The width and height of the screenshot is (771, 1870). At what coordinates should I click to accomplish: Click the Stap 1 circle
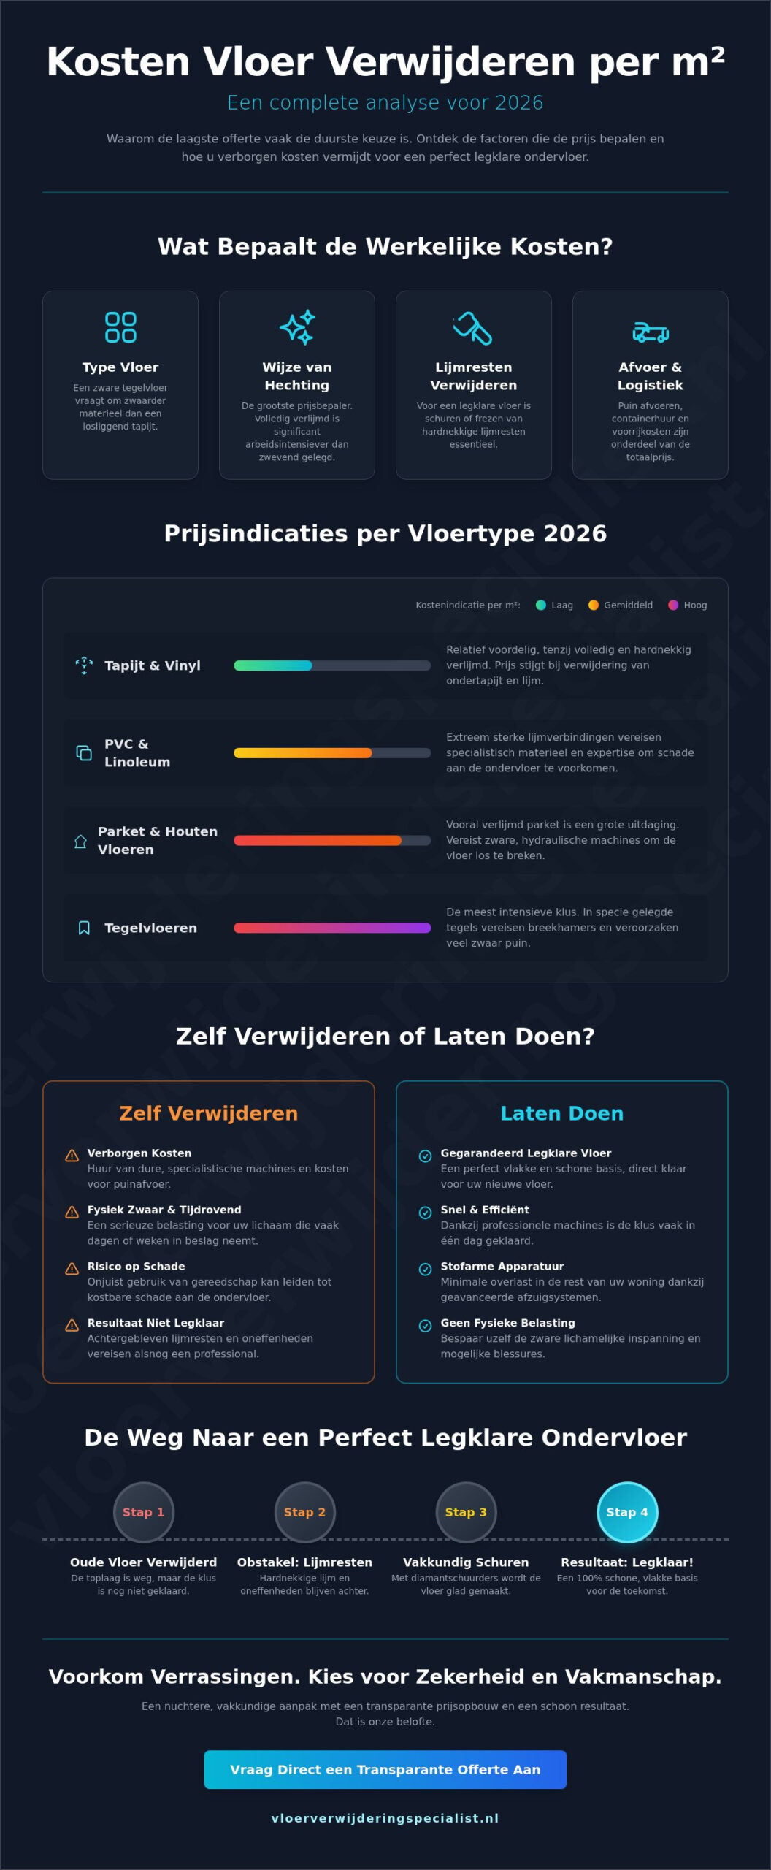click(143, 1512)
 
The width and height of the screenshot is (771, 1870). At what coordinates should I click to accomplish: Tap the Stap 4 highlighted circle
click(627, 1512)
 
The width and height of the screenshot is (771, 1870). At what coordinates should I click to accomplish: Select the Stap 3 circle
click(466, 1512)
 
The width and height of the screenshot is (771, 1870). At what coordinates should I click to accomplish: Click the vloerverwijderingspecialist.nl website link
click(385, 1818)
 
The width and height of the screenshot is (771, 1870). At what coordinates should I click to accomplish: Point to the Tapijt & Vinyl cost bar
click(332, 665)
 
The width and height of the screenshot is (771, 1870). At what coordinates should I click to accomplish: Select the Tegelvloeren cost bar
click(332, 928)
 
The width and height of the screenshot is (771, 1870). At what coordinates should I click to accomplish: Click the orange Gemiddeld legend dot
click(594, 605)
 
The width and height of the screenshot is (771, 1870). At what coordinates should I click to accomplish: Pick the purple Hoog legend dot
click(673, 605)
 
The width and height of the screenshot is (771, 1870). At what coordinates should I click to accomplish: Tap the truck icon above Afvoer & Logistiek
click(651, 332)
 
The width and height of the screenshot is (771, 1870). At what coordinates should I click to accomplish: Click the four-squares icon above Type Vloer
click(120, 327)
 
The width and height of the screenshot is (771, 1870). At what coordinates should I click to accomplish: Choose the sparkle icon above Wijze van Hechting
click(297, 327)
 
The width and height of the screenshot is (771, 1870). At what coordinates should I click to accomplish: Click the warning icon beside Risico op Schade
click(72, 1269)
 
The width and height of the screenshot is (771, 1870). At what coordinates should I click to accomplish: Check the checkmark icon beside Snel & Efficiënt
click(425, 1213)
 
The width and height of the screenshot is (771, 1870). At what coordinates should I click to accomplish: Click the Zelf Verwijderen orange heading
click(209, 1113)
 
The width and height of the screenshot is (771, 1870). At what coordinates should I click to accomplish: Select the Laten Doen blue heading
click(562, 1113)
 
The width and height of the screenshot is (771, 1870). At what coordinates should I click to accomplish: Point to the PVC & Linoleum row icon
click(84, 753)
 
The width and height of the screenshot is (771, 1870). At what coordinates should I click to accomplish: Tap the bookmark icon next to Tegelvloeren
click(84, 928)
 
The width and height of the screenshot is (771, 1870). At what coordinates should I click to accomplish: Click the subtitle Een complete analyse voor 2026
click(385, 102)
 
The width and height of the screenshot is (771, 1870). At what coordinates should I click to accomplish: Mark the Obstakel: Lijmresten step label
click(304, 1562)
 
